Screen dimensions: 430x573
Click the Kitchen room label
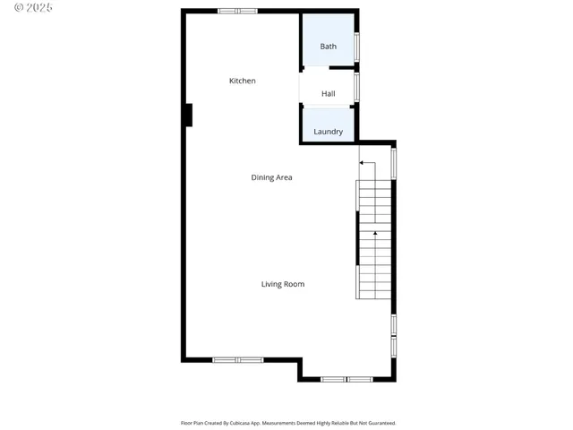click(242, 81)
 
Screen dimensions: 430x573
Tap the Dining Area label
click(271, 177)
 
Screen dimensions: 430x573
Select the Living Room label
click(283, 284)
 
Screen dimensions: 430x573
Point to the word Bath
click(329, 47)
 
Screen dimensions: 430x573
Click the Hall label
click(329, 93)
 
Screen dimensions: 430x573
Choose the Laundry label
click(329, 132)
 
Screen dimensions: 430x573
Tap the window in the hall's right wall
click(357, 86)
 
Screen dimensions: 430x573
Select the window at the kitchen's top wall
click(237, 11)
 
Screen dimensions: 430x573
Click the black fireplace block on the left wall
click(188, 116)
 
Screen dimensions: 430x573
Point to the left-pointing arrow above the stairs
click(366, 163)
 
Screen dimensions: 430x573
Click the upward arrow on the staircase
click(375, 235)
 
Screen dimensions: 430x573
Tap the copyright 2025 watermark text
click(28, 7)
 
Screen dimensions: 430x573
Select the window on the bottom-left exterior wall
click(237, 360)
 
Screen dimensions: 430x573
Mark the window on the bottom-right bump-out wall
click(346, 380)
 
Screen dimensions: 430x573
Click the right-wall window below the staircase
click(393, 335)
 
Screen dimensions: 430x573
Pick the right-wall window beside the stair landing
click(393, 164)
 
